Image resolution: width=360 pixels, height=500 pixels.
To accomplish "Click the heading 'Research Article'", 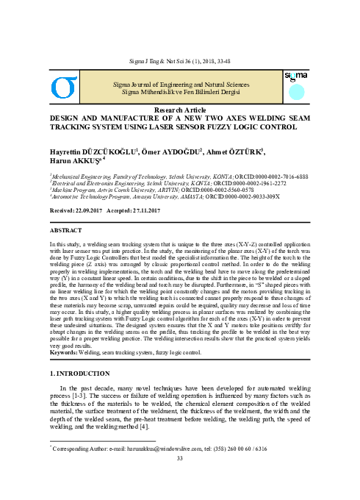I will pyautogui.click(x=179, y=110).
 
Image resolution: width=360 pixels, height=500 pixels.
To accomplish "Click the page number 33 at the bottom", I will pyautogui.click(x=180, y=479).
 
